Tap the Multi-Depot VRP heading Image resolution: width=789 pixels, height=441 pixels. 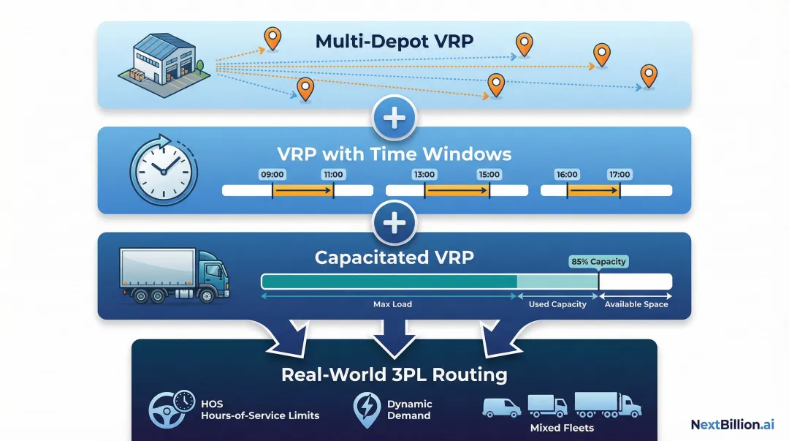394,41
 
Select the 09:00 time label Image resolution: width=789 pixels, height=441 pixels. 272,175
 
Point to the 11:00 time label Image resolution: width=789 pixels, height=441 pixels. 333,175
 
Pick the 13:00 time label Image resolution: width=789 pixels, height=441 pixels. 424,175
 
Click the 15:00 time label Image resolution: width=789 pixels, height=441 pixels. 488,175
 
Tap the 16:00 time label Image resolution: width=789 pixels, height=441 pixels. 567,175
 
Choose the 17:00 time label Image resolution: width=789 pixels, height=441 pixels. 620,175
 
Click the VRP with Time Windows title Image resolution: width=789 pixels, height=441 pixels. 394,154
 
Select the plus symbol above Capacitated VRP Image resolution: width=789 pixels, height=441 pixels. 394,222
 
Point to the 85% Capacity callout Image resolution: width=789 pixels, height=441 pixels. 598,262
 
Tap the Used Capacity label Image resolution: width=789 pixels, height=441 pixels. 557,304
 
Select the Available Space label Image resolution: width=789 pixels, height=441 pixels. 636,304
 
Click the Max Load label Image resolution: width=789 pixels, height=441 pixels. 392,304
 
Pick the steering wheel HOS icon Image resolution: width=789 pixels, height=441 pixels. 170,409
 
